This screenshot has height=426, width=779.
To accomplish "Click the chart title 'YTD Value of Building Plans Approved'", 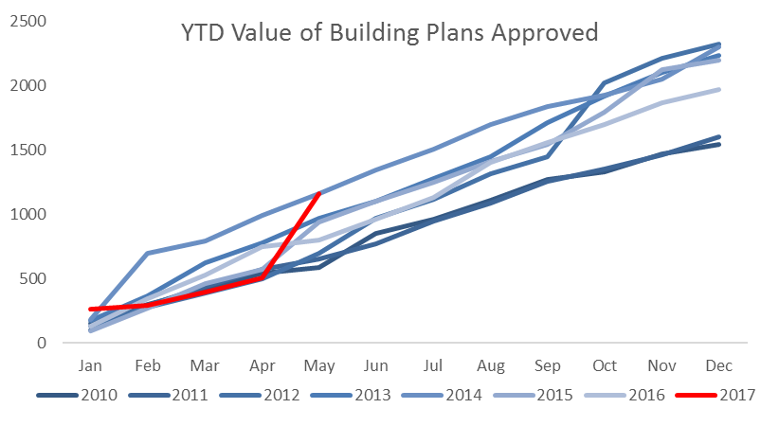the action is pyautogui.click(x=389, y=33).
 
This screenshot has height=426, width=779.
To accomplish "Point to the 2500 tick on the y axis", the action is pyautogui.click(x=27, y=22).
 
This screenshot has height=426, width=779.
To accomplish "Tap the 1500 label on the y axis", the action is pyautogui.click(x=27, y=150).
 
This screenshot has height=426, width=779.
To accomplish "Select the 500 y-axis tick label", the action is pyautogui.click(x=32, y=278).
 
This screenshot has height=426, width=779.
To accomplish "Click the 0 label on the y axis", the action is pyautogui.click(x=42, y=343).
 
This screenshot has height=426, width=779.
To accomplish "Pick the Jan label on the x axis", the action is pyautogui.click(x=90, y=366).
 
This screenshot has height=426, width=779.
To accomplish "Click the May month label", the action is pyautogui.click(x=319, y=366).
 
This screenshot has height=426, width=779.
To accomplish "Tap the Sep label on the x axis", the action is pyautogui.click(x=548, y=366).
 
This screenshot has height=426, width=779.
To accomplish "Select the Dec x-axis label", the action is pyautogui.click(x=719, y=366).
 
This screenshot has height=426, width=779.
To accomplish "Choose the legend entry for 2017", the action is pyautogui.click(x=716, y=395).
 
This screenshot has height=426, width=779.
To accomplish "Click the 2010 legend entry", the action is pyautogui.click(x=77, y=395).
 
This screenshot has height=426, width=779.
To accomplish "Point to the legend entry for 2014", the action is pyautogui.click(x=442, y=395).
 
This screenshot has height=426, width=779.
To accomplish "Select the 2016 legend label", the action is pyautogui.click(x=625, y=395).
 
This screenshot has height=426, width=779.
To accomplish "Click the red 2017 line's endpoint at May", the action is pyautogui.click(x=319, y=193).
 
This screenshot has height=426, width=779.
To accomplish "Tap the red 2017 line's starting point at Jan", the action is pyautogui.click(x=90, y=310).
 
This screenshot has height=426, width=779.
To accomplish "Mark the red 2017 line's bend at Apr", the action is pyautogui.click(x=262, y=278).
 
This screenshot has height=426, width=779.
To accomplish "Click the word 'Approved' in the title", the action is pyautogui.click(x=545, y=34).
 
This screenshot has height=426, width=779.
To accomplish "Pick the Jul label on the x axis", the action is pyautogui.click(x=433, y=366).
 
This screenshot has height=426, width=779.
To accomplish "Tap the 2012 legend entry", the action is pyautogui.click(x=260, y=395).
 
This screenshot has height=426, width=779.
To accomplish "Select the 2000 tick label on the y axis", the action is pyautogui.click(x=27, y=85).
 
